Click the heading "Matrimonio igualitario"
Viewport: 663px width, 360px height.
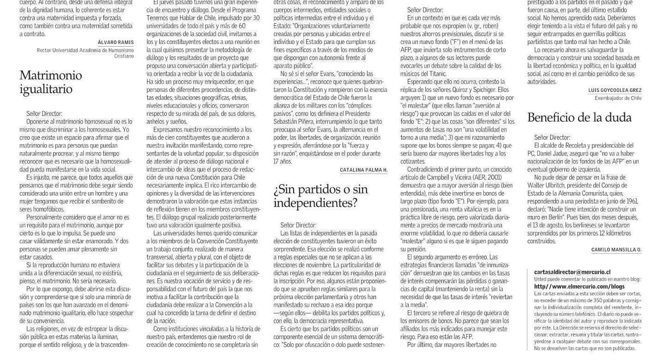pyautogui.click(x=51, y=82)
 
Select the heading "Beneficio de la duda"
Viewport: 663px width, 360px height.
pyautogui.click(x=579, y=118)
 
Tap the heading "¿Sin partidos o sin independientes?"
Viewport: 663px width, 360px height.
pyautogui.click(x=320, y=196)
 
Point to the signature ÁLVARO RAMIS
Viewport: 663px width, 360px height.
pyautogui.click(x=116, y=42)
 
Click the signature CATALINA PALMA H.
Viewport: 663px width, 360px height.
pyautogui.click(x=363, y=170)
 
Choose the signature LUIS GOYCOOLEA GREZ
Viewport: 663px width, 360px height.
pyautogui.click(x=615, y=90)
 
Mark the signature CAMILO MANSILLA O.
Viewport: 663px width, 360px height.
pyautogui.click(x=616, y=250)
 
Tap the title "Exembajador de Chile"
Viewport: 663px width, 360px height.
pyautogui.click(x=618, y=98)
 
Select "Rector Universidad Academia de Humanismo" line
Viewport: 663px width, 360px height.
pyautogui.click(x=85, y=50)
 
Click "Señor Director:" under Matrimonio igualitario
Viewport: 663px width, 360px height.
pyautogui.click(x=44, y=113)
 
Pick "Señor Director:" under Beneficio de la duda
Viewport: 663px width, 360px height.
pyautogui.click(x=552, y=137)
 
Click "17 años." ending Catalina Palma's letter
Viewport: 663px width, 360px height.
pyautogui.click(x=283, y=162)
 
